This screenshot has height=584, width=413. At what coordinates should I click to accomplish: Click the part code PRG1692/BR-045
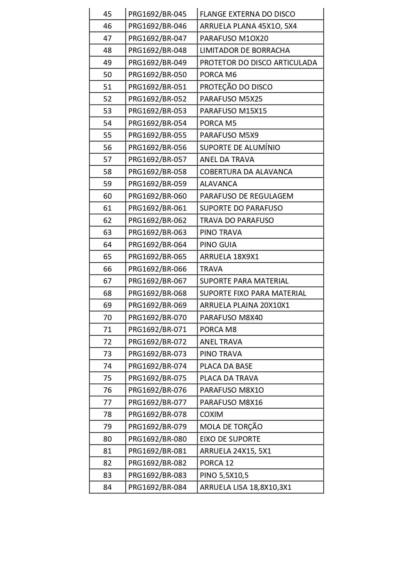click(x=157, y=14)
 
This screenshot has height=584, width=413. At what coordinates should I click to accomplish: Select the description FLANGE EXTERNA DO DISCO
click(x=247, y=14)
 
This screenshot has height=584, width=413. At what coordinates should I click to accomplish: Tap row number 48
click(x=107, y=50)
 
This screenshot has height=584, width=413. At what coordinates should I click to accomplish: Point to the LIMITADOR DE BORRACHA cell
click(x=244, y=50)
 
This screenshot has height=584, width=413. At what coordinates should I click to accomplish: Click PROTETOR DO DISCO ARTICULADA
click(x=258, y=63)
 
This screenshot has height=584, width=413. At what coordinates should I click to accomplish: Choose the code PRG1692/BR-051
click(x=157, y=87)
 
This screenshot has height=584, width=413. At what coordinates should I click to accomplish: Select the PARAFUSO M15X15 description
click(x=233, y=111)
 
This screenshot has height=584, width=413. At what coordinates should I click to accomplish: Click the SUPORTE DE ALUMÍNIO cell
click(x=240, y=147)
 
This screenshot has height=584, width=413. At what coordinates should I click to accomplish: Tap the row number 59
click(x=107, y=184)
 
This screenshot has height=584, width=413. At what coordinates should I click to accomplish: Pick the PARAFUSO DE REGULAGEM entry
click(x=246, y=196)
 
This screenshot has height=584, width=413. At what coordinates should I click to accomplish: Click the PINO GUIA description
click(x=218, y=245)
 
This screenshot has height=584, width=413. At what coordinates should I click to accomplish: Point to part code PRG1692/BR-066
click(x=157, y=269)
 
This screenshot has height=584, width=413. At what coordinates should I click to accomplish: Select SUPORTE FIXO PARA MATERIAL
click(x=253, y=293)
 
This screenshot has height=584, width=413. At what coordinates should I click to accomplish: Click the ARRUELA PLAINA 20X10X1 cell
click(x=244, y=305)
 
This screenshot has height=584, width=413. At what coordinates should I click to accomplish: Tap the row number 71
click(x=107, y=329)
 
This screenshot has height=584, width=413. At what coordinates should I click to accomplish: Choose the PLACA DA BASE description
click(x=226, y=366)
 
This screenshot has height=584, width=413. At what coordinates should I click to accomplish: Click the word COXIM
click(x=211, y=414)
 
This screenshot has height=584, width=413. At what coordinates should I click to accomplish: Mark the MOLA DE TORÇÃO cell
click(x=231, y=427)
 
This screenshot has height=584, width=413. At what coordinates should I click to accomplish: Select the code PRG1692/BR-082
click(x=157, y=463)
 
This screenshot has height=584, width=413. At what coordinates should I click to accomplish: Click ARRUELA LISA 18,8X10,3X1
click(x=245, y=487)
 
